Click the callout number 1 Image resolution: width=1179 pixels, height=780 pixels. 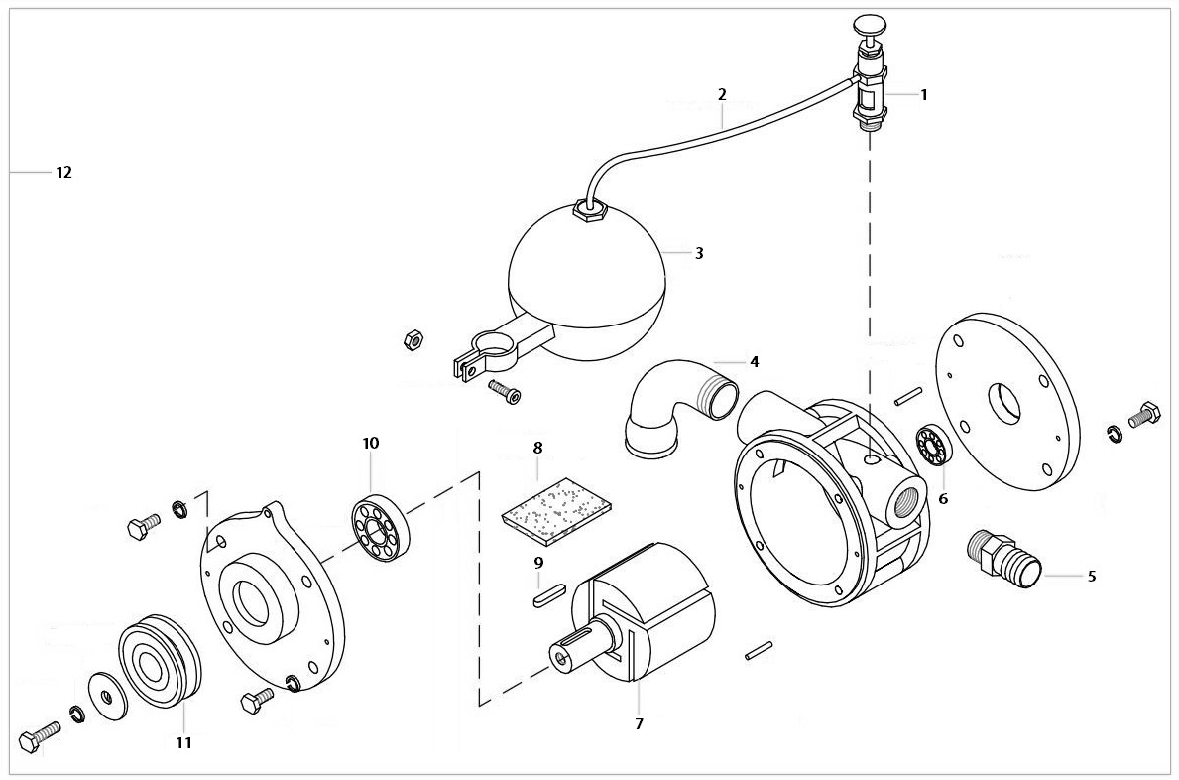923,95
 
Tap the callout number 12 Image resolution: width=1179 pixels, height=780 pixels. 63,172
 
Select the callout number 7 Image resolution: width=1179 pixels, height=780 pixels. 639,724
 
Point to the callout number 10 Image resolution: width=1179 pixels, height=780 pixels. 370,443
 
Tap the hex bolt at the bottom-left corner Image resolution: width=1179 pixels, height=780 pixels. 38,738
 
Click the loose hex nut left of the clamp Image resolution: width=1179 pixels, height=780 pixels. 413,340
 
